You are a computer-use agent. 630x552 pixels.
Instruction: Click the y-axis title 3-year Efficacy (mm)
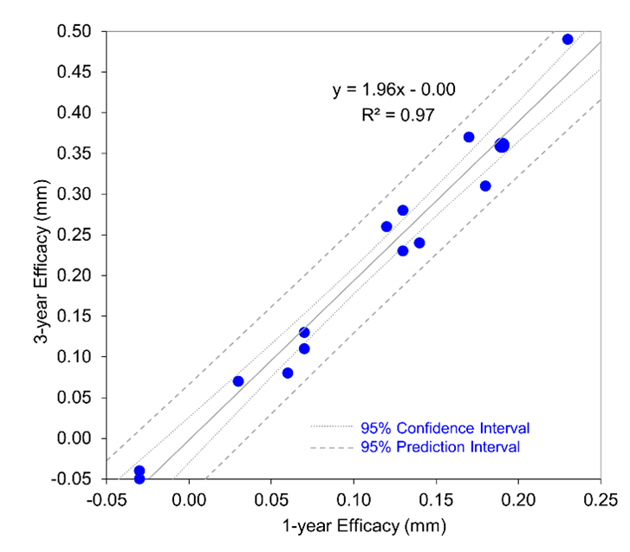pyautogui.click(x=42, y=255)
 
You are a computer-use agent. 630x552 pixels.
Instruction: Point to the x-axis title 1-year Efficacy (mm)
pyautogui.click(x=353, y=525)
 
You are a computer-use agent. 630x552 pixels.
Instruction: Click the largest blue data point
pyautogui.click(x=502, y=146)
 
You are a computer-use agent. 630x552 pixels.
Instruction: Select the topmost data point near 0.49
pyautogui.click(x=568, y=39)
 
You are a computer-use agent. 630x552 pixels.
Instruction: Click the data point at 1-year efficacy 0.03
pyautogui.click(x=238, y=381)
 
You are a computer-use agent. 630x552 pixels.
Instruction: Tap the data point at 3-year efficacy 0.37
pyautogui.click(x=469, y=137)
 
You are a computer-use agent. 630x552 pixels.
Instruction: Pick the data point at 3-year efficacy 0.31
pyautogui.click(x=485, y=186)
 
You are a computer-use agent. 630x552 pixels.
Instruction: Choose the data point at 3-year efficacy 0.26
pyautogui.click(x=386, y=226)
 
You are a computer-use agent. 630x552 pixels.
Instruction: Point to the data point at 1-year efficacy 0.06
pyautogui.click(x=288, y=373)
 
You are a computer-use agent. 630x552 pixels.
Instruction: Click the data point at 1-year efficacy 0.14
pyautogui.click(x=419, y=243)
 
